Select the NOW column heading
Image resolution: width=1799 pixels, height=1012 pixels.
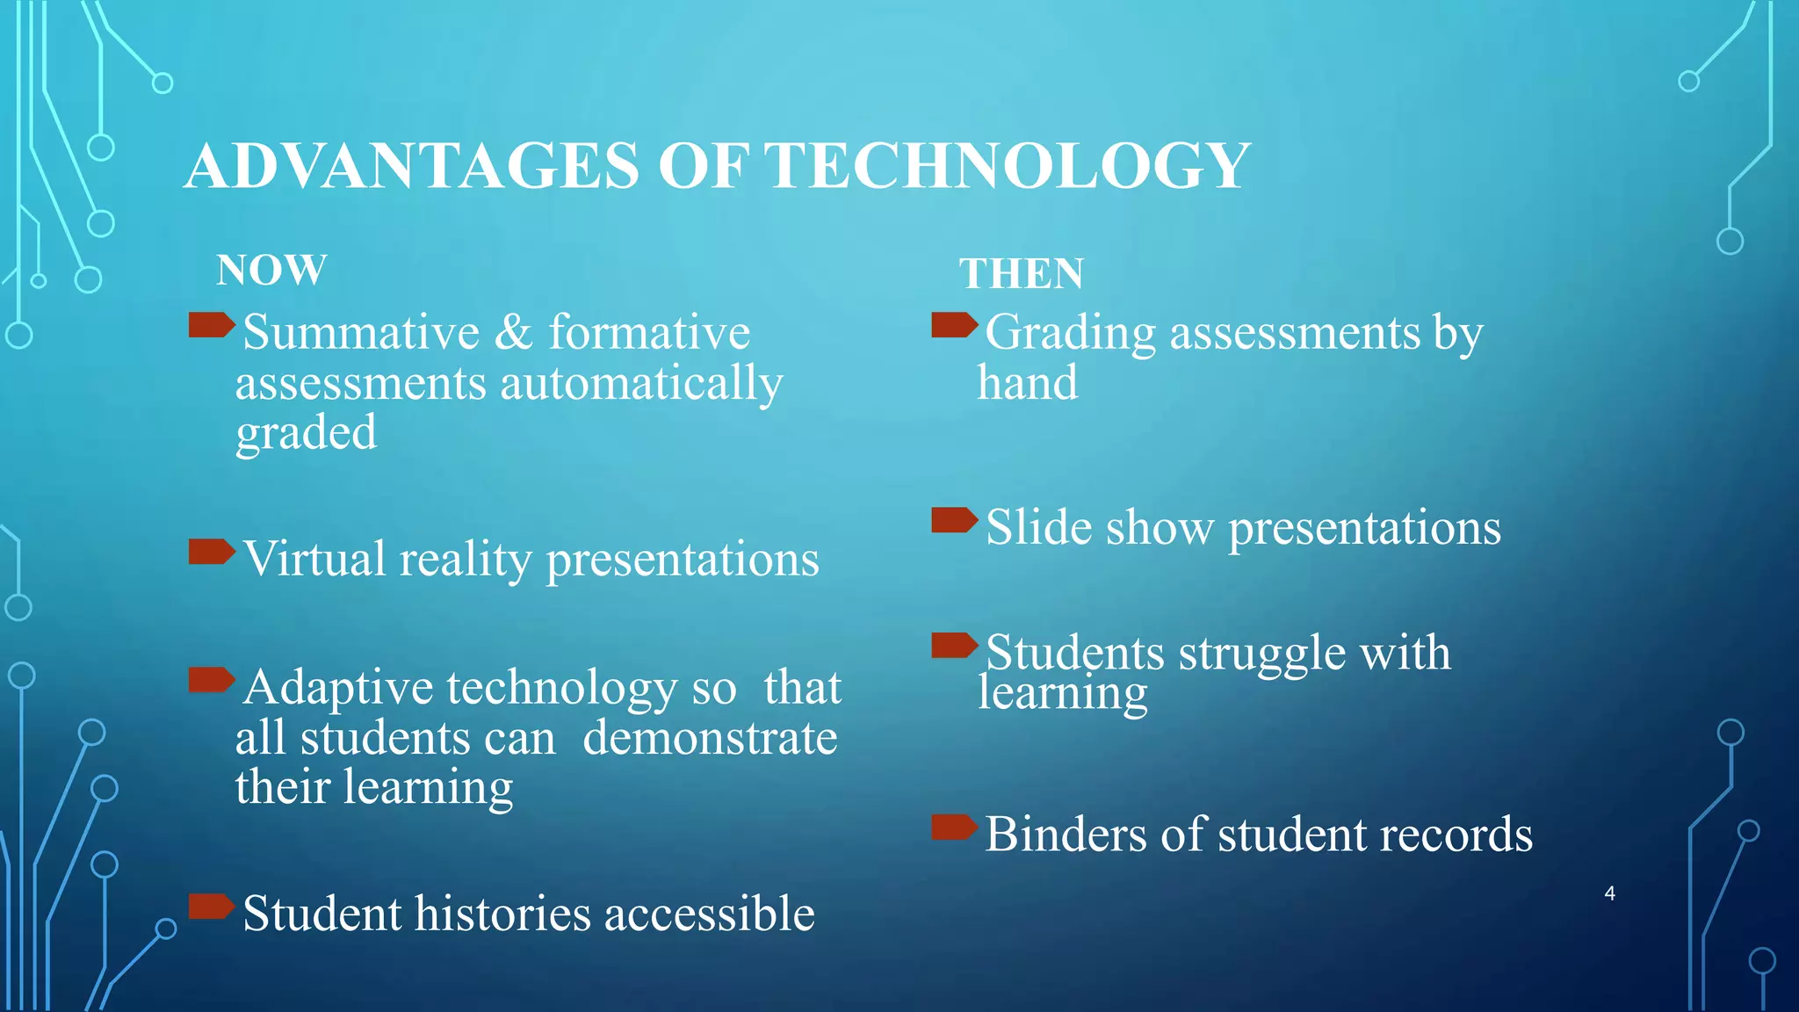coord(271,270)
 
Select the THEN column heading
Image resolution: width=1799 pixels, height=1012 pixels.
coord(1021,273)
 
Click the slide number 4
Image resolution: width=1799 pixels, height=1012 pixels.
coord(1609,893)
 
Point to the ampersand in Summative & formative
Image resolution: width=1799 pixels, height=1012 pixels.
coord(514,333)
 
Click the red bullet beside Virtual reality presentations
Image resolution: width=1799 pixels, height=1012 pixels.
coord(212,552)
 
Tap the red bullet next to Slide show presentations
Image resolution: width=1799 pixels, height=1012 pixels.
coord(954,520)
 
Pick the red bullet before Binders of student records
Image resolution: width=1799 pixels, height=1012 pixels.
coord(954,827)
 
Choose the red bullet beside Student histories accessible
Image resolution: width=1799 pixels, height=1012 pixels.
coord(212,906)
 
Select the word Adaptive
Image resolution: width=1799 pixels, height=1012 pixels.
coord(338,687)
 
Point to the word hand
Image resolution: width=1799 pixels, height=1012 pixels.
coord(1028,383)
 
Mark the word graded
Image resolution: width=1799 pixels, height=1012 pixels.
coord(306,434)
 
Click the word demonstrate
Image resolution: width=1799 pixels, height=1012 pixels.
coord(710,738)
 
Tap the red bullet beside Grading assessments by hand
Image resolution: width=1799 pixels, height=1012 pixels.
coord(954,325)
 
